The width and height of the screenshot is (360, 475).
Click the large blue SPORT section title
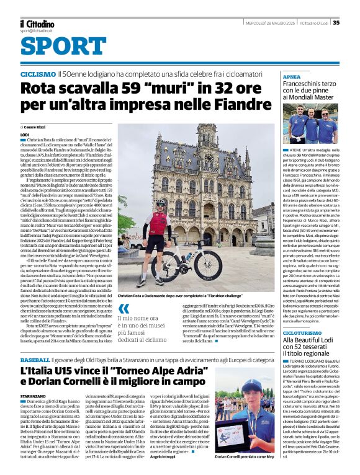tap(58, 47)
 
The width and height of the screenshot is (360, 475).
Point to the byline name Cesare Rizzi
tap(44, 127)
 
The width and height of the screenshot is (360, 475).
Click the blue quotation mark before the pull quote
tap(125, 310)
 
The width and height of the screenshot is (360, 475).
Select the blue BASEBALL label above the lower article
tap(35, 360)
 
